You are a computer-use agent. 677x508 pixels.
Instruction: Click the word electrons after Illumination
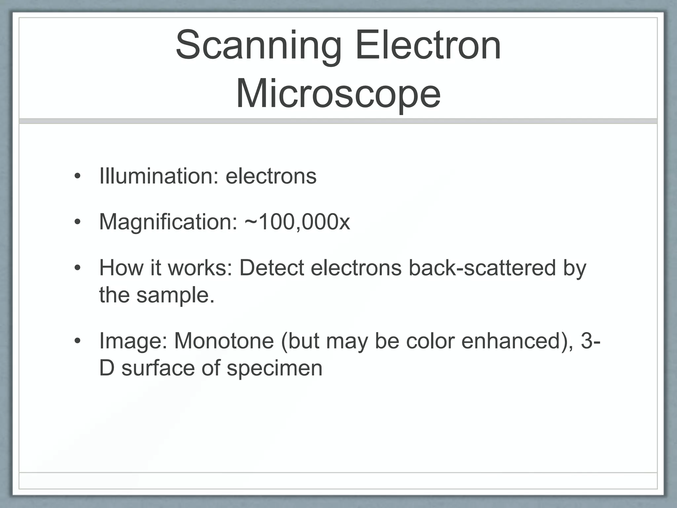tap(271, 176)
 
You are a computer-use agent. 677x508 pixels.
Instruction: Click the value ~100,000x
tap(297, 222)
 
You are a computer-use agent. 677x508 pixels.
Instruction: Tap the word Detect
tap(271, 268)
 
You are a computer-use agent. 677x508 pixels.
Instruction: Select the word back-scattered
tap(482, 268)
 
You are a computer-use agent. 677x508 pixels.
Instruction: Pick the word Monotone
tap(224, 341)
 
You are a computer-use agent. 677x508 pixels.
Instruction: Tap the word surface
tap(158, 368)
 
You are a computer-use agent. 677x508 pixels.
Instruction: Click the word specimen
tap(274, 368)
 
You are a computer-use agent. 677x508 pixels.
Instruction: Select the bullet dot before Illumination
tap(77, 177)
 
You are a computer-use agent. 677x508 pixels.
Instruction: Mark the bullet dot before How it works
tap(77, 268)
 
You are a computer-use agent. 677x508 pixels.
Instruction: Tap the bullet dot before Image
tap(77, 341)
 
